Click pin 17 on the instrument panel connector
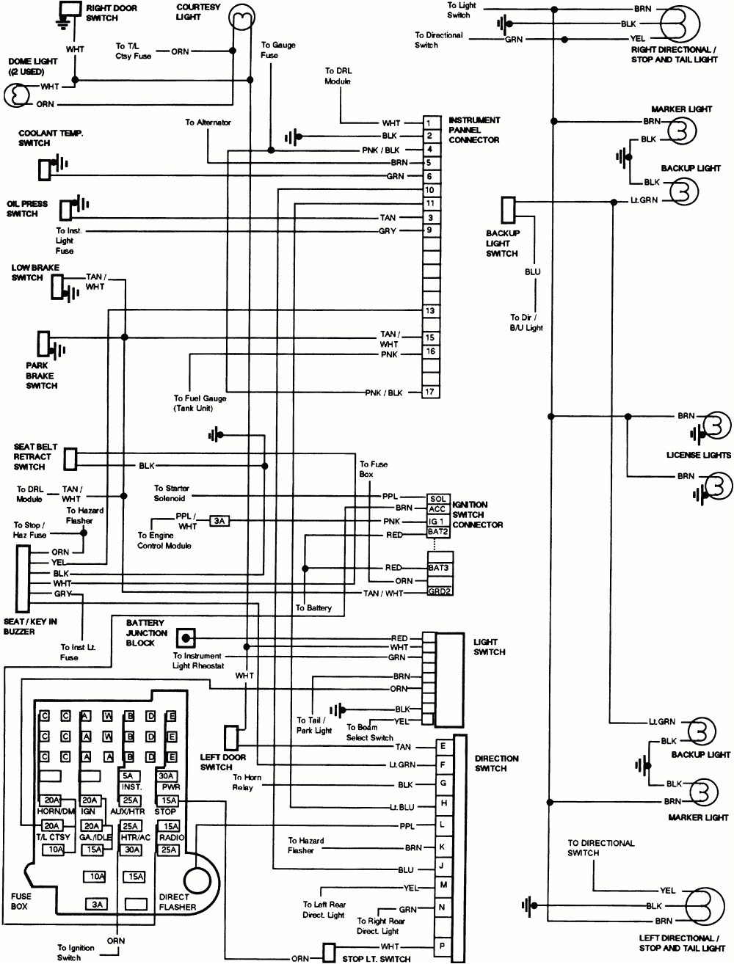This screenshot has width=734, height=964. [431, 392]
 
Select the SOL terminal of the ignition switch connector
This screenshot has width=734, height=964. [437, 499]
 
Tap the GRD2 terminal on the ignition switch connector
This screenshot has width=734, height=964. [439, 591]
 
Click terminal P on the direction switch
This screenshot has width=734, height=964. [443, 947]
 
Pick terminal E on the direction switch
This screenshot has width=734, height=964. [443, 746]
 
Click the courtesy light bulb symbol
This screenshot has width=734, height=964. [239, 15]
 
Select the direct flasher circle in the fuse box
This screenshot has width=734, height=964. [197, 879]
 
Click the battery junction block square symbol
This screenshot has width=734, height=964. [188, 638]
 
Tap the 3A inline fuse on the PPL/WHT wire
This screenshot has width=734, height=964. [219, 521]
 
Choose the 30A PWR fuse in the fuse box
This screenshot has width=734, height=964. [167, 776]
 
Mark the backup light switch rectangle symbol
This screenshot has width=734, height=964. [508, 210]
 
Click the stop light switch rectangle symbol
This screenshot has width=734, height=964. [329, 952]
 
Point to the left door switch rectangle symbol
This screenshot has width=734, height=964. [230, 737]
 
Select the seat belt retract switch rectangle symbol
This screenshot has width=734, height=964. [70, 459]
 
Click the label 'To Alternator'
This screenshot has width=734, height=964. [208, 123]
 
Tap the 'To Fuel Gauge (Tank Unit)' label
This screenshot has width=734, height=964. [200, 403]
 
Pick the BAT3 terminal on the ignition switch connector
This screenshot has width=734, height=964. [440, 568]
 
